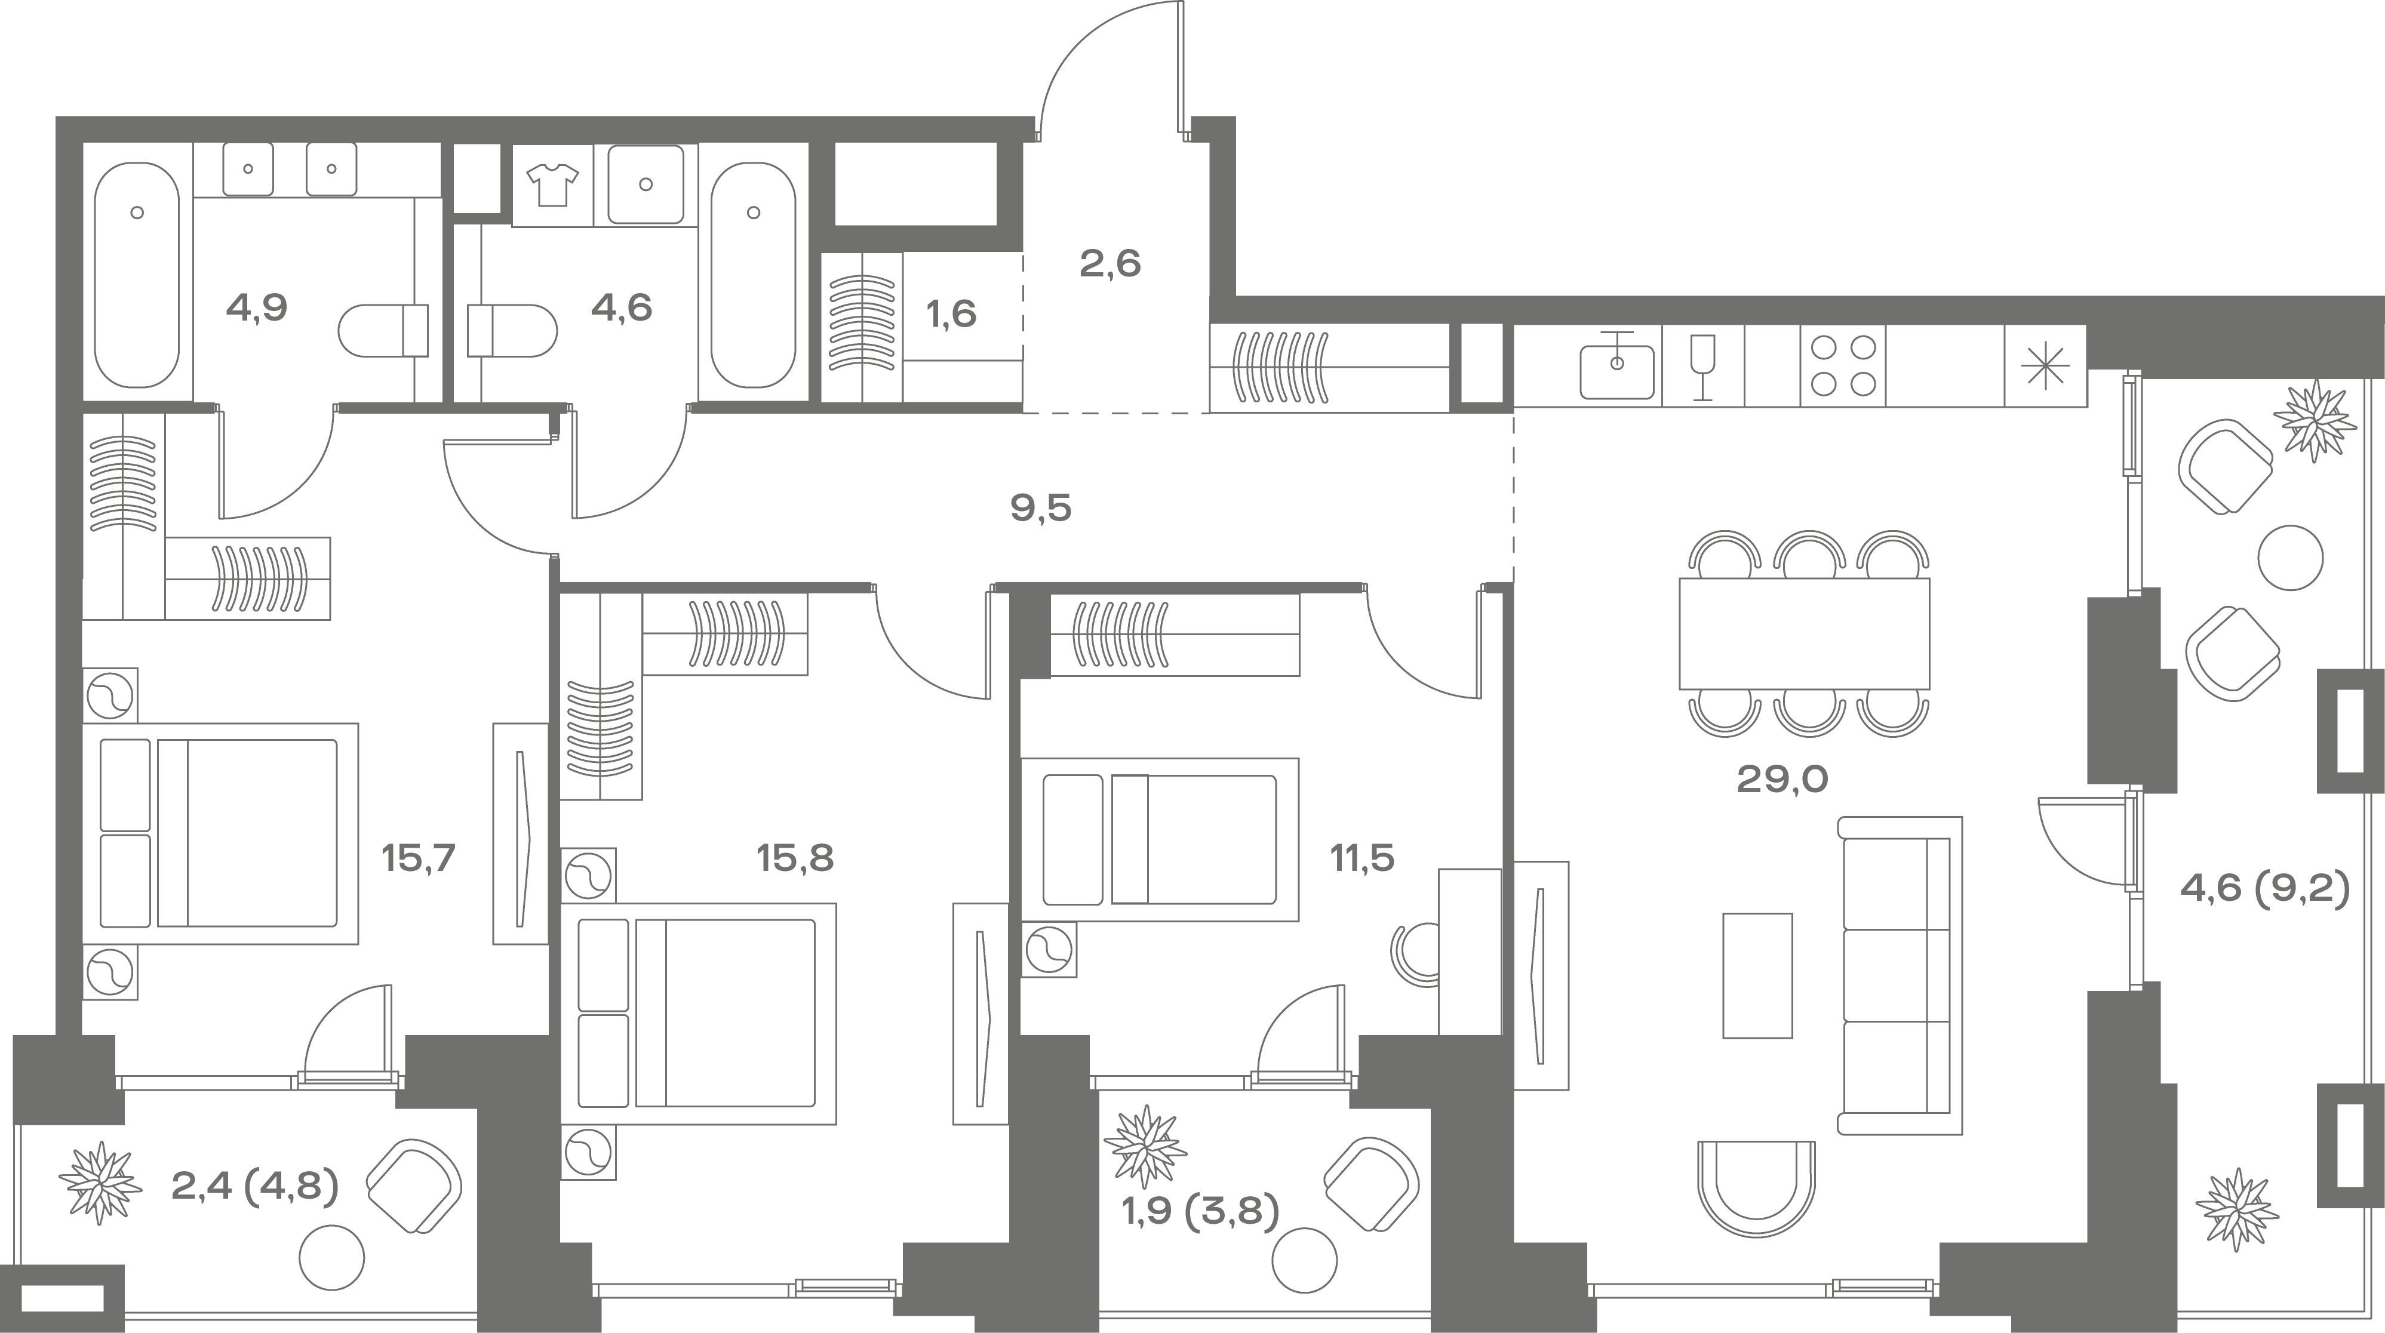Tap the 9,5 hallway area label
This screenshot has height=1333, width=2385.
point(1041,508)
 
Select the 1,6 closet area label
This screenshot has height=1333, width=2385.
point(952,315)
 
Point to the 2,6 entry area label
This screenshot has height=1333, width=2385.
point(1110,264)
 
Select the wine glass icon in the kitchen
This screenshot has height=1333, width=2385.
point(1702,367)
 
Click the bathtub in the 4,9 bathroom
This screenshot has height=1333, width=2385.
point(137,275)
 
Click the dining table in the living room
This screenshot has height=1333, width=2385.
point(1805,633)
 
